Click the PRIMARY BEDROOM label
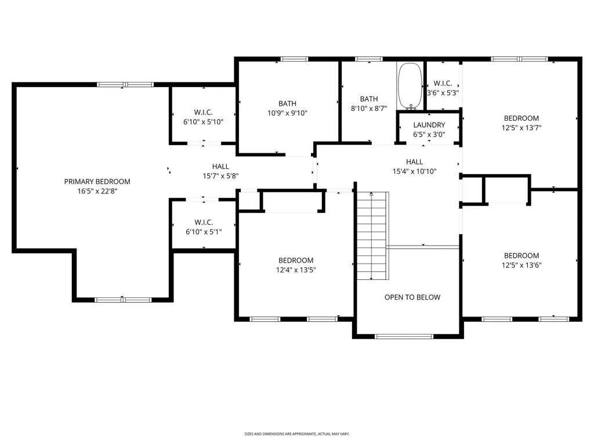click(97, 182)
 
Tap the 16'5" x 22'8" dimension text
click(97, 191)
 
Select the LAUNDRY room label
click(429, 125)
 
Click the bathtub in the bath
click(410, 86)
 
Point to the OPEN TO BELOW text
click(412, 297)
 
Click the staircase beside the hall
click(372, 236)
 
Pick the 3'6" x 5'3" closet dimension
click(443, 93)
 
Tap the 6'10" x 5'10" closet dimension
click(204, 122)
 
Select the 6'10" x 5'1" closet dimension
click(204, 232)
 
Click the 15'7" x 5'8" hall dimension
click(220, 176)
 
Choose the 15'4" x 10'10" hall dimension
click(414, 171)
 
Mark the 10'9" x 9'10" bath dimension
click(287, 113)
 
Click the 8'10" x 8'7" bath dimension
click(368, 109)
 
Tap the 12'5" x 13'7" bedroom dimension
click(521, 128)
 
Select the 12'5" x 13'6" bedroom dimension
click(521, 265)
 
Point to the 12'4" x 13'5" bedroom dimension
click(295, 270)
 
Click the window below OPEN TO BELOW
click(404, 336)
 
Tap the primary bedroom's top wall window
click(125, 85)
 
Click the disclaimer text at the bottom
click(296, 434)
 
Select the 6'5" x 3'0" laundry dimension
click(429, 135)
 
